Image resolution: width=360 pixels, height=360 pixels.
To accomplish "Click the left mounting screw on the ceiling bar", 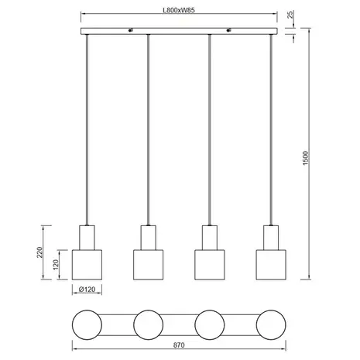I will coord(130,32).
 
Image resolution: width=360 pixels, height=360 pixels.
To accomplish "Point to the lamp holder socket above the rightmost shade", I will coord(271,235).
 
